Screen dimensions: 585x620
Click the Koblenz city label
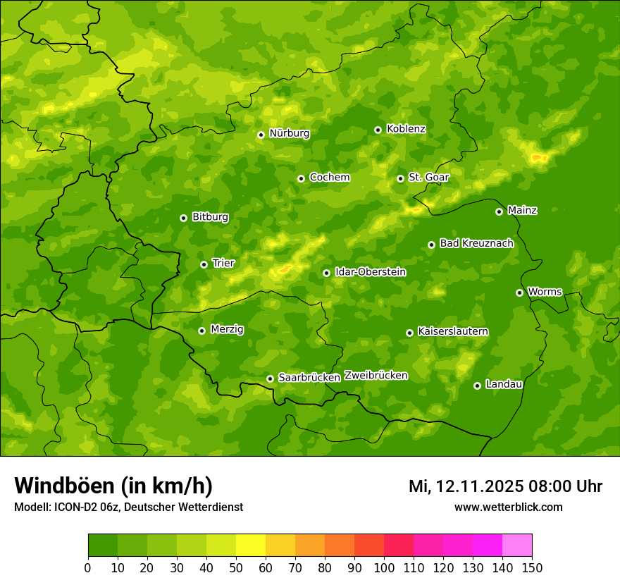click(406, 129)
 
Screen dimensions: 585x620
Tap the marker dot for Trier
click(204, 264)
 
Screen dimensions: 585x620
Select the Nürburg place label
click(289, 133)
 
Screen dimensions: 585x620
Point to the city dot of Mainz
click(499, 211)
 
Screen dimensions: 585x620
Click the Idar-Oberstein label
click(370, 272)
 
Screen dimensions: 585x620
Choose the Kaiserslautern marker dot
click(409, 333)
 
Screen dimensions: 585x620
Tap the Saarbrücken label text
click(309, 378)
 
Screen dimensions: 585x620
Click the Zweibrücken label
click(376, 376)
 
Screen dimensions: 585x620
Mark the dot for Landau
click(477, 386)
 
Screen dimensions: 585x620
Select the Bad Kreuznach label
click(476, 243)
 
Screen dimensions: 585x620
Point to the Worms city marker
click(519, 292)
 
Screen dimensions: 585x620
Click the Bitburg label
click(210, 217)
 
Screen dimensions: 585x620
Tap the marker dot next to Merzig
click(201, 331)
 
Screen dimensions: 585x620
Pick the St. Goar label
click(428, 178)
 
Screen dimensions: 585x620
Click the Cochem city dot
click(301, 178)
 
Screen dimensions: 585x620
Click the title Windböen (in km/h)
click(113, 486)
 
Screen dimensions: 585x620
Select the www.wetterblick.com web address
click(508, 507)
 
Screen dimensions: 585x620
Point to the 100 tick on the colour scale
click(384, 567)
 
